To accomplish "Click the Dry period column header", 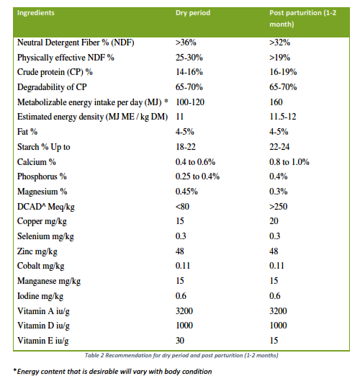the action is tap(193, 13).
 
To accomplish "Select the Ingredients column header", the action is tap(36, 13).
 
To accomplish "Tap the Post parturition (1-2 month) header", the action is tap(302, 18).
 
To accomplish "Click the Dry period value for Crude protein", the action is tap(189, 72).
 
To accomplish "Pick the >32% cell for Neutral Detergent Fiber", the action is tap(279, 43).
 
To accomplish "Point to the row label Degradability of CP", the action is tap(52, 87).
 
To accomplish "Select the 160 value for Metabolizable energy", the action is tap(276, 102).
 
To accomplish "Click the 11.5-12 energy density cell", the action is tap(283, 117).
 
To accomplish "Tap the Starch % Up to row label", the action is tap(44, 147).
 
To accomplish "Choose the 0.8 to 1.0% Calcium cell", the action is tap(289, 162).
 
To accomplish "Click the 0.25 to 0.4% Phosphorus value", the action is tap(197, 176).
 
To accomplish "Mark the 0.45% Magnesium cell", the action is tap(186, 192).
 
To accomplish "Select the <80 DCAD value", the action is tap(182, 207).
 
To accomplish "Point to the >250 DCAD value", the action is tap(279, 207).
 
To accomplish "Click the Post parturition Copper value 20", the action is tap(274, 221).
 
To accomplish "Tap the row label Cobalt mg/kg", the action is tap(40, 266).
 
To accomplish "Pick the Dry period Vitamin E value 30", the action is tap(180, 340).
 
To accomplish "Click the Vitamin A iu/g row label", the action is tap(43, 311).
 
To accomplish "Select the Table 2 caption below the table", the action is tap(181, 356).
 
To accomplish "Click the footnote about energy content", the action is tap(112, 372).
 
